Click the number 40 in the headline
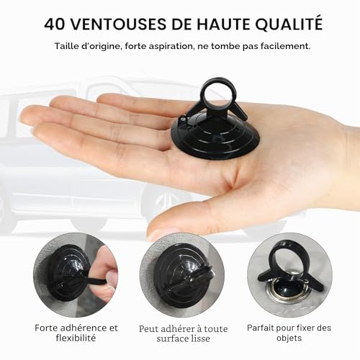55,24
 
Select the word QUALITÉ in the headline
289,24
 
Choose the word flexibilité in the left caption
76,338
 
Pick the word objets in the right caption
289,338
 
